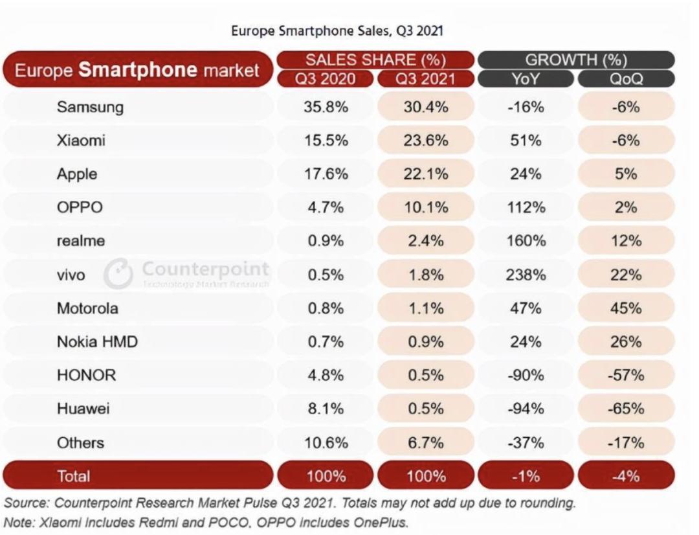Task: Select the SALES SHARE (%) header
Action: (x=375, y=60)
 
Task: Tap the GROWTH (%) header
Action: (x=576, y=60)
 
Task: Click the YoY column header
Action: (x=525, y=79)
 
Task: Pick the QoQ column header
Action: (x=625, y=79)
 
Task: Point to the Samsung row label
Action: (x=90, y=107)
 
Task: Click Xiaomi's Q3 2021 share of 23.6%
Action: (x=425, y=141)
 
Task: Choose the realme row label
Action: (x=81, y=242)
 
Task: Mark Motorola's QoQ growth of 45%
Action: (x=625, y=308)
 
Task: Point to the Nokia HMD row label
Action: (x=97, y=342)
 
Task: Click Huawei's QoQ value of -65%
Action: (x=625, y=409)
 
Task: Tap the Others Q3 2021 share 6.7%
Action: (x=425, y=443)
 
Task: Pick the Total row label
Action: (x=74, y=477)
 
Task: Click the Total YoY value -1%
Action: (x=525, y=477)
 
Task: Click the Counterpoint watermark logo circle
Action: (x=118, y=273)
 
